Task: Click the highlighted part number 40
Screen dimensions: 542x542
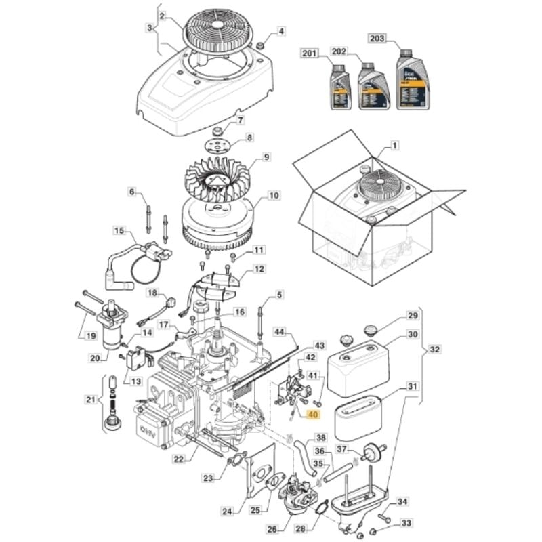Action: (x=313, y=415)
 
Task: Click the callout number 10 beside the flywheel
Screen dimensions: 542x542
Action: (x=274, y=196)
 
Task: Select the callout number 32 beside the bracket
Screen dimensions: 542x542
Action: (x=434, y=350)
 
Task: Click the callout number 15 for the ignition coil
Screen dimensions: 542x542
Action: (x=119, y=231)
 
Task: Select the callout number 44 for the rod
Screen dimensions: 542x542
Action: (x=280, y=331)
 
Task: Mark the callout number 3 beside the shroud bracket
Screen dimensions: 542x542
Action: (x=149, y=28)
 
